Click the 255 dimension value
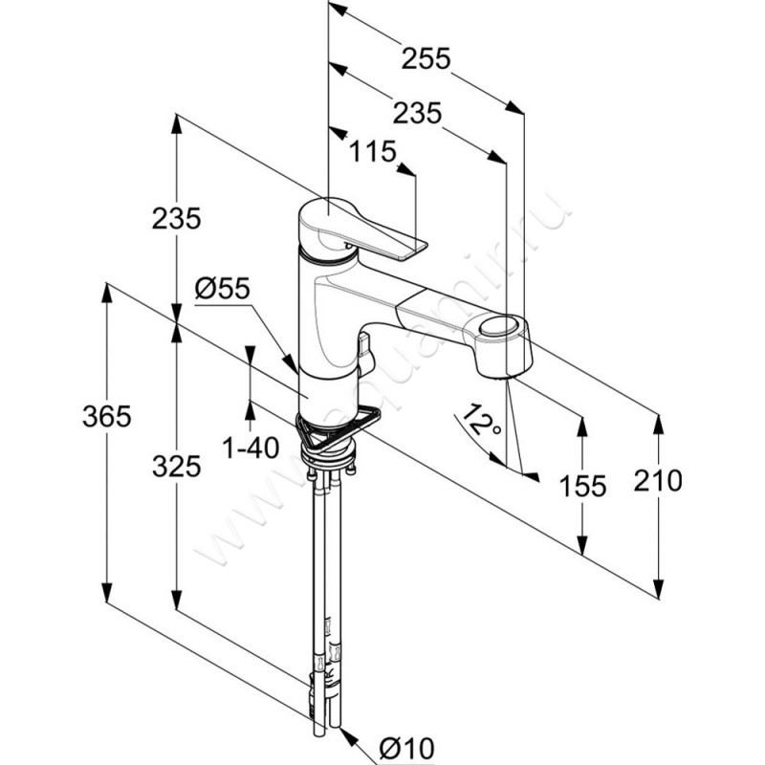coord(425,59)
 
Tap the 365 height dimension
coord(106,416)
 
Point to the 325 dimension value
coord(176,466)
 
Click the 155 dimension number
coord(582,486)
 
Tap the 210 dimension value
coord(658,480)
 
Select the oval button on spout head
coord(495,329)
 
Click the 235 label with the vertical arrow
coord(176,219)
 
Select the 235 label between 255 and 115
coord(417,113)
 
